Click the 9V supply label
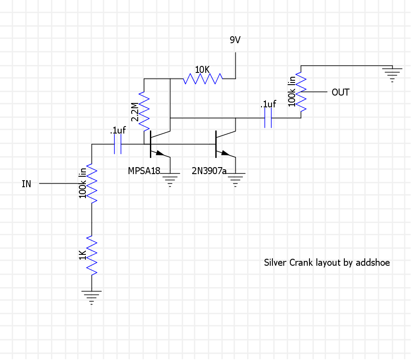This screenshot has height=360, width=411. click(x=235, y=40)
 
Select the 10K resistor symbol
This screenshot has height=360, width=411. click(x=203, y=79)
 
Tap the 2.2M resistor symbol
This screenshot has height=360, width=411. click(x=144, y=111)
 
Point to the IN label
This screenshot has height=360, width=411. click(x=27, y=184)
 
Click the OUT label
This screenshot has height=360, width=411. click(x=340, y=93)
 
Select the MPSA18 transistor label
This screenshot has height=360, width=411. click(x=144, y=171)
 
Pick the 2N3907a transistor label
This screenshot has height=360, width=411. click(x=209, y=171)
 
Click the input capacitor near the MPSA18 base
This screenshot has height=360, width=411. click(x=118, y=144)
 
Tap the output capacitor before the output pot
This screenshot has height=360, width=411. click(x=268, y=118)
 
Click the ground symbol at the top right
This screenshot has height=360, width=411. click(x=392, y=73)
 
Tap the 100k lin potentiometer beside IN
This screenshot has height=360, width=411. click(x=92, y=183)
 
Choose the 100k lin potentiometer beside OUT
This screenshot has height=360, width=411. click(x=301, y=92)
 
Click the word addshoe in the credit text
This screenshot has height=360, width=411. click(x=373, y=263)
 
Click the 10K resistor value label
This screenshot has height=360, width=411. click(x=203, y=69)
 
